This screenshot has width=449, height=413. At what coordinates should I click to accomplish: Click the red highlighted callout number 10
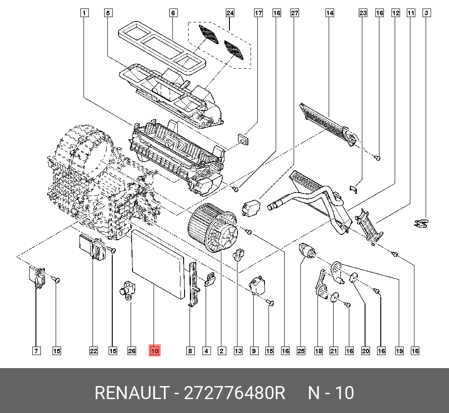coord(154,351)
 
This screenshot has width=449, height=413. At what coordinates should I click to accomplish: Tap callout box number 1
coord(84,13)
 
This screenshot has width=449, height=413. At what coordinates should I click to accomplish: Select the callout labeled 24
coord(230,13)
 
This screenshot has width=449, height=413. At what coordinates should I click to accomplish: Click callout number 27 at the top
coord(295,13)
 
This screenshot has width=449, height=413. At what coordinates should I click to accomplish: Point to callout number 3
coord(427,13)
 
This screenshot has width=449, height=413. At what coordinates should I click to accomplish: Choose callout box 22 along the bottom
coord(93,351)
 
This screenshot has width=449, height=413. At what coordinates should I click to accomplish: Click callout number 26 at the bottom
coord(131,351)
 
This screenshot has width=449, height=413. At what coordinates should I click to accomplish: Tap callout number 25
coord(301,351)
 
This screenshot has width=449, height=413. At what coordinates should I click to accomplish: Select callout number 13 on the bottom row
coord(238,351)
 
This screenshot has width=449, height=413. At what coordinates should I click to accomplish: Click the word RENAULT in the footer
coord(130,393)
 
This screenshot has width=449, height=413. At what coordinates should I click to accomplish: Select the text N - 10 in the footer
coord(330,393)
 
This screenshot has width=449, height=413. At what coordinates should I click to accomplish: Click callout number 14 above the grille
coord(330,13)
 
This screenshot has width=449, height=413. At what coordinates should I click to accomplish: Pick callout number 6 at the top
coord(173,13)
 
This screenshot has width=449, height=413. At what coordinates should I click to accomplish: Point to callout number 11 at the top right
coord(410,13)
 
